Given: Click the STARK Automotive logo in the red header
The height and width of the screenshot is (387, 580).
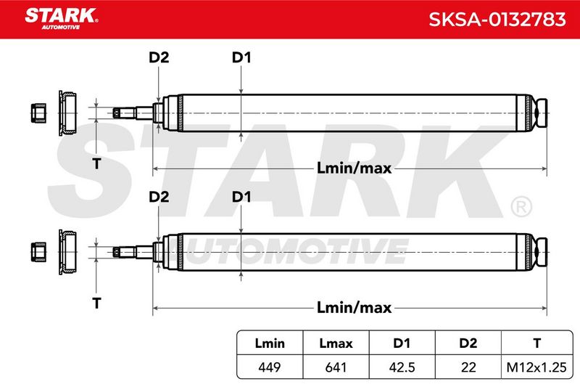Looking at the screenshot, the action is coord(62,19).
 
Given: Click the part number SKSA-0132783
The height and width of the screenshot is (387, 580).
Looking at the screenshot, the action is coord(497,20).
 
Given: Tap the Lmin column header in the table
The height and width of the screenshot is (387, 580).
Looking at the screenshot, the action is coord(270,343).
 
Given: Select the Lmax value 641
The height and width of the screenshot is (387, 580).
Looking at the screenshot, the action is coord(336,367).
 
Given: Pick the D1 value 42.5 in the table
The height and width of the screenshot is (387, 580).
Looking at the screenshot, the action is coord(402,367).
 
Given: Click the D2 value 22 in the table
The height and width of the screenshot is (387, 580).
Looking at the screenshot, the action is coord(468,367).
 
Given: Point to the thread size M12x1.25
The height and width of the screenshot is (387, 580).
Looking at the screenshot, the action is coord(536,367).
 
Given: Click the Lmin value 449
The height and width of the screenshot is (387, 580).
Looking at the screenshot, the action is coord(270,367).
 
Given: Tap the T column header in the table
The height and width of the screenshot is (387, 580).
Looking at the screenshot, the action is coord(536,343).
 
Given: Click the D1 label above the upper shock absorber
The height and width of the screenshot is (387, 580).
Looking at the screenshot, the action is coord(241,57).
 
